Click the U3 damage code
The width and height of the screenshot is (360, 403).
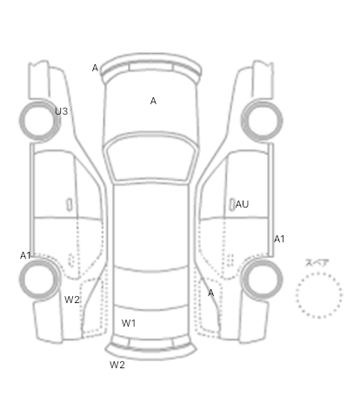pos(62,111)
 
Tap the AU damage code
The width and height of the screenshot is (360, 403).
pos(242,204)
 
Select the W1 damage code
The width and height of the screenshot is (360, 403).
pos(129,323)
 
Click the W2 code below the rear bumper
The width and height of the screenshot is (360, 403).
pos(117,365)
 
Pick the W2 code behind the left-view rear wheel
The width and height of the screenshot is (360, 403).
pos(72,300)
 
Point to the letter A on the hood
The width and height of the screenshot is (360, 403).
pos(153,101)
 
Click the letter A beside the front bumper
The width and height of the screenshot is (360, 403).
pos(95,68)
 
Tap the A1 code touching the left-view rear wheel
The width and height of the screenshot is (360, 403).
pos(25,255)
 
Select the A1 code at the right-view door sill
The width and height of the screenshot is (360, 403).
pos(279,239)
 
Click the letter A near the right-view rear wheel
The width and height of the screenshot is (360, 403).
pos(211,293)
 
